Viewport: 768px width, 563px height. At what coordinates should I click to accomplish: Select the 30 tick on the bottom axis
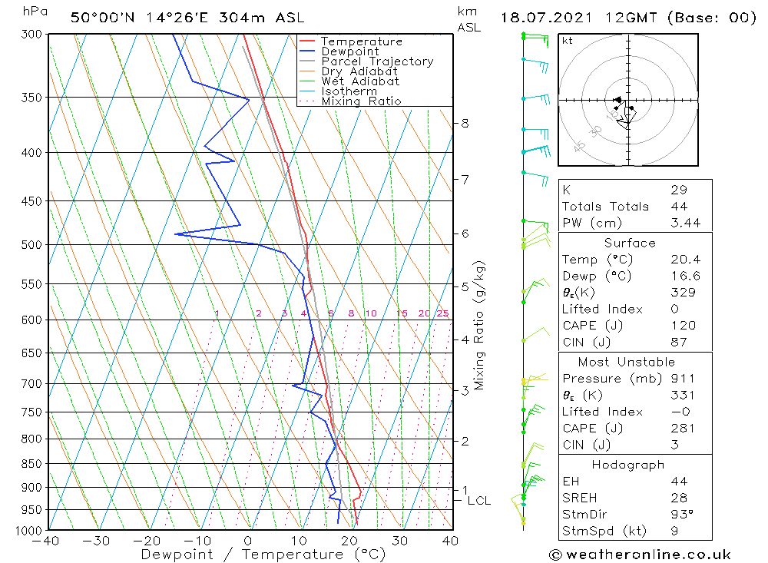click(399, 541)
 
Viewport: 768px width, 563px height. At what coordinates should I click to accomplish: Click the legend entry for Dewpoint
click(349, 51)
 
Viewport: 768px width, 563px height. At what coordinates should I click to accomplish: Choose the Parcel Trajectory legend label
click(377, 61)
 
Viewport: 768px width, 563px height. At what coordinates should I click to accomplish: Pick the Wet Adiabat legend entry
click(360, 81)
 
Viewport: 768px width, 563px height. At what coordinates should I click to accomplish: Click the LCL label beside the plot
click(479, 501)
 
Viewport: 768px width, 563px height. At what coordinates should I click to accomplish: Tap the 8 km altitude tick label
click(465, 123)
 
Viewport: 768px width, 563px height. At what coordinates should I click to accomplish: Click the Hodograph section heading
click(628, 465)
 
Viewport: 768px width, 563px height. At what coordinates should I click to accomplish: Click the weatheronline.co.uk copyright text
click(640, 555)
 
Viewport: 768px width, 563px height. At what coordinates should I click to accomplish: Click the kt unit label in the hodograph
click(568, 41)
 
